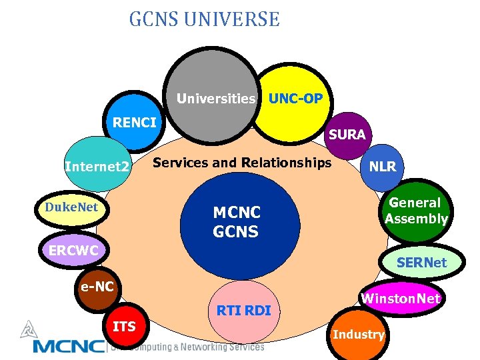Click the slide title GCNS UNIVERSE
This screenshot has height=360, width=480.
(204, 19)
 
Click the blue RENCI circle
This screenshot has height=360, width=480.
(135, 124)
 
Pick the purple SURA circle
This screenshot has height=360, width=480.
(347, 135)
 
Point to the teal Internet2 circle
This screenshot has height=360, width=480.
(98, 165)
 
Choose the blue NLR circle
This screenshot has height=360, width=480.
(383, 167)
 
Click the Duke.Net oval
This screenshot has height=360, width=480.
(71, 208)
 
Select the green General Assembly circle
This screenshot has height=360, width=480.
(416, 211)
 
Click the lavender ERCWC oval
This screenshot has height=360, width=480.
(73, 251)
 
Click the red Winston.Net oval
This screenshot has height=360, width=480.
(401, 299)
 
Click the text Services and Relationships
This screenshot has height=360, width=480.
(242, 163)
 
